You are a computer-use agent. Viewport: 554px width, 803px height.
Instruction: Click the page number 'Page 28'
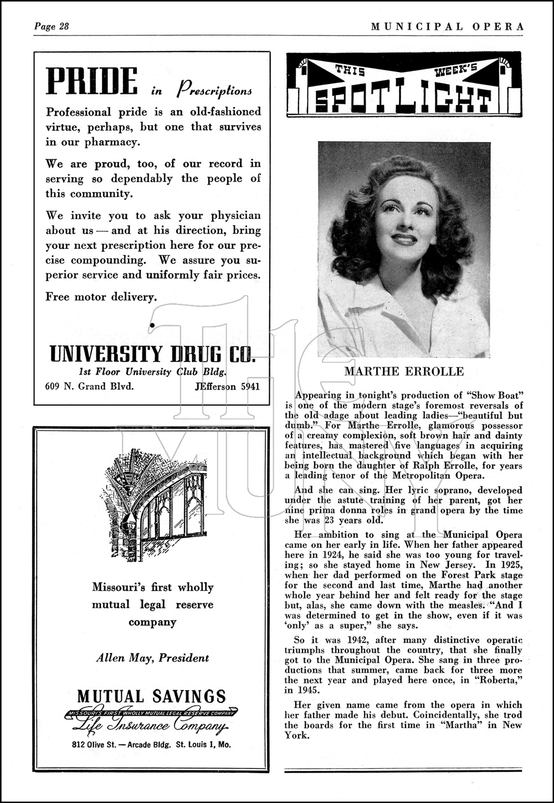[52, 27]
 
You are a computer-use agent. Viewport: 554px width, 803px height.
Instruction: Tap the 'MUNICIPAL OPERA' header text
[447, 27]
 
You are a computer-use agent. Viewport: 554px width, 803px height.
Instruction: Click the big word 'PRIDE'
[91, 82]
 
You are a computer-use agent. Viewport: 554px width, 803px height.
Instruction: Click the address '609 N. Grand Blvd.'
[89, 386]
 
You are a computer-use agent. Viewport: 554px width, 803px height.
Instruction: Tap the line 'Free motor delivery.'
[101, 297]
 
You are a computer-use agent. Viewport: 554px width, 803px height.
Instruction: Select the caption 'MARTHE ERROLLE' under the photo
[404, 371]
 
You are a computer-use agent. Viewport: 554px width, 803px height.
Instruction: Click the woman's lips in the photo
[404, 239]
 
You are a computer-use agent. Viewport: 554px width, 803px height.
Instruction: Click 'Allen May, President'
[152, 658]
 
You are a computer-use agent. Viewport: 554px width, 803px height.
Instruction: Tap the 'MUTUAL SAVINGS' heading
[152, 696]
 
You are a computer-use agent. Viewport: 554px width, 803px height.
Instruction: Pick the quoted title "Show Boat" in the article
[496, 396]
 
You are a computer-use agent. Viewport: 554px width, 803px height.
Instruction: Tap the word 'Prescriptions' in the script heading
[214, 89]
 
